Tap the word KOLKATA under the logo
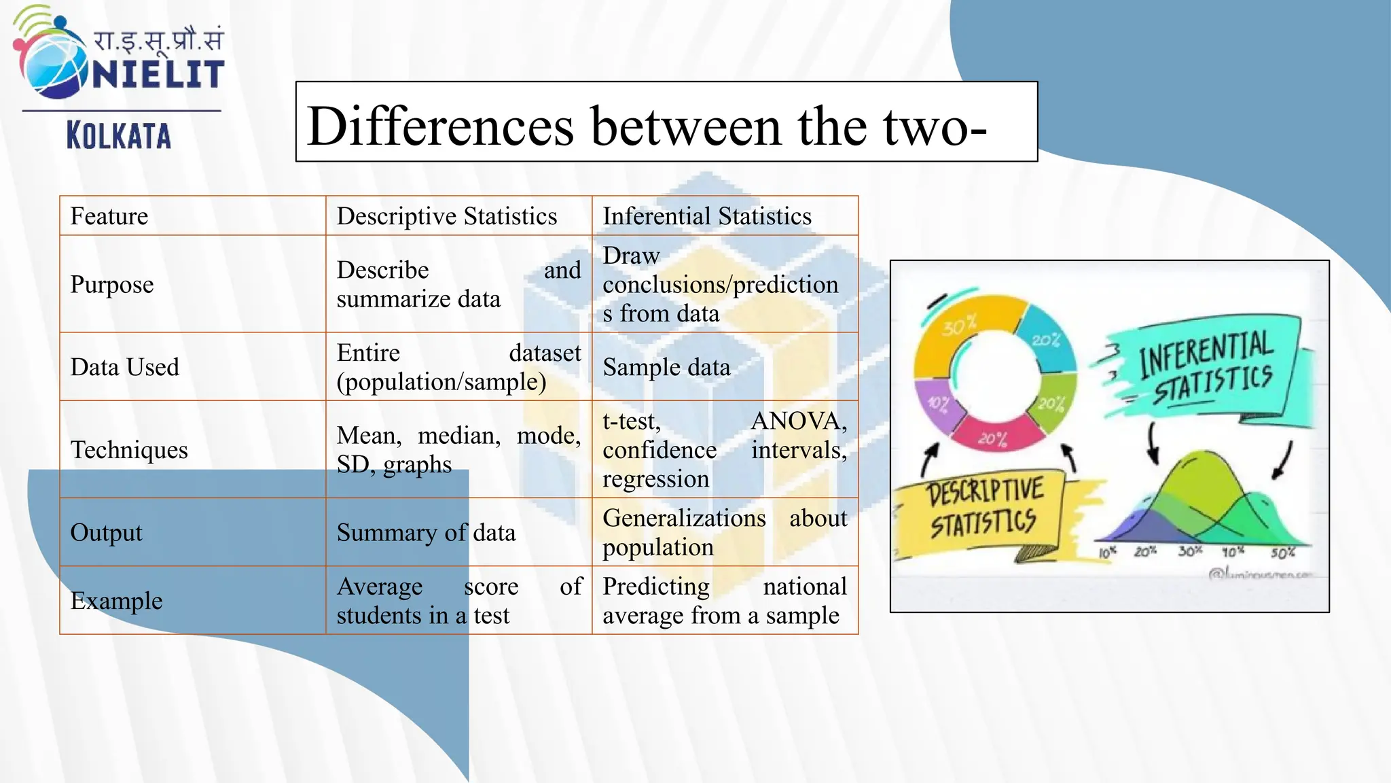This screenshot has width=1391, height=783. (x=119, y=135)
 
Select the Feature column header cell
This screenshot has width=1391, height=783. (x=109, y=216)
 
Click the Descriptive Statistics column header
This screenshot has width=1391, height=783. (x=446, y=216)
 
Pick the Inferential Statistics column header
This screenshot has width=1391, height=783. (x=707, y=216)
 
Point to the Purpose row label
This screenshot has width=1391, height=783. (x=112, y=284)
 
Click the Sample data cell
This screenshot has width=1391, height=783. (x=666, y=367)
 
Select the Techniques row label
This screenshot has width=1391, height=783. (x=129, y=449)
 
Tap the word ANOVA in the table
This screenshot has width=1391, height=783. (x=797, y=421)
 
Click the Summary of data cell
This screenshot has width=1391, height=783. (x=426, y=532)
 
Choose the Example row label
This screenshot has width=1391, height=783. (x=116, y=601)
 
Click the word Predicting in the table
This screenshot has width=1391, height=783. (x=655, y=586)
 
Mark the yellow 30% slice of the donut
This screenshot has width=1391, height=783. (x=964, y=326)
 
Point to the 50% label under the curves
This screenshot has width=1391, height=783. (x=1282, y=553)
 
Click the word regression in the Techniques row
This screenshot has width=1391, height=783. (x=655, y=479)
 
